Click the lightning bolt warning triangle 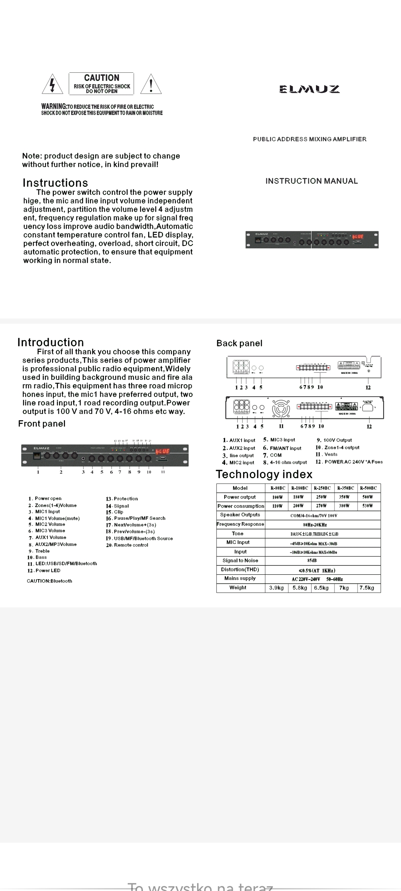[x=52, y=85]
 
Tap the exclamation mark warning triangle [x=151, y=85]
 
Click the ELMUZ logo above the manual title [x=309, y=89]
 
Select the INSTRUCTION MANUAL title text [x=312, y=181]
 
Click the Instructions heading [x=55, y=183]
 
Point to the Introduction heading [x=50, y=342]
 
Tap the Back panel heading [x=239, y=343]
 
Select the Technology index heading [x=264, y=474]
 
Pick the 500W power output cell [x=368, y=497]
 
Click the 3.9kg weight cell [x=276, y=588]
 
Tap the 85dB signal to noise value [x=312, y=561]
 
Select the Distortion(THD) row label [x=240, y=569]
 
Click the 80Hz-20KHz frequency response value [x=315, y=525]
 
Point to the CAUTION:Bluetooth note [x=49, y=581]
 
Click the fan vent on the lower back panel [x=281, y=409]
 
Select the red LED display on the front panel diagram [x=162, y=451]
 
